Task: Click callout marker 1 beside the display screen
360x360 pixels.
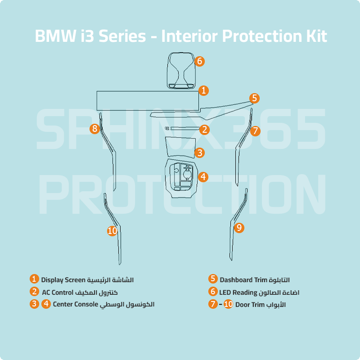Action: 203,90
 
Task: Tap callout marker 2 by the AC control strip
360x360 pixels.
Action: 204,130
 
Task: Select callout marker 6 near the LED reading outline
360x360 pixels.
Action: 200,61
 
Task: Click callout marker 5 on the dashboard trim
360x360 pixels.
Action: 254,98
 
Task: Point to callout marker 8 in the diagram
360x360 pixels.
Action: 94,129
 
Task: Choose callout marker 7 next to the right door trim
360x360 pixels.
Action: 255,131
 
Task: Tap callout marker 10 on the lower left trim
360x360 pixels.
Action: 112,230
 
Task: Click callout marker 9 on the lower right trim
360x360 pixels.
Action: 239,228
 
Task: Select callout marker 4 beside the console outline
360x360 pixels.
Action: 203,177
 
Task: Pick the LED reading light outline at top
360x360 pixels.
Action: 181,71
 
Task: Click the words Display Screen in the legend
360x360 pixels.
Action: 63,280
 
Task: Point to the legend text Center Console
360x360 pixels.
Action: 75,304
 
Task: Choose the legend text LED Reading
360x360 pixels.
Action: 238,292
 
